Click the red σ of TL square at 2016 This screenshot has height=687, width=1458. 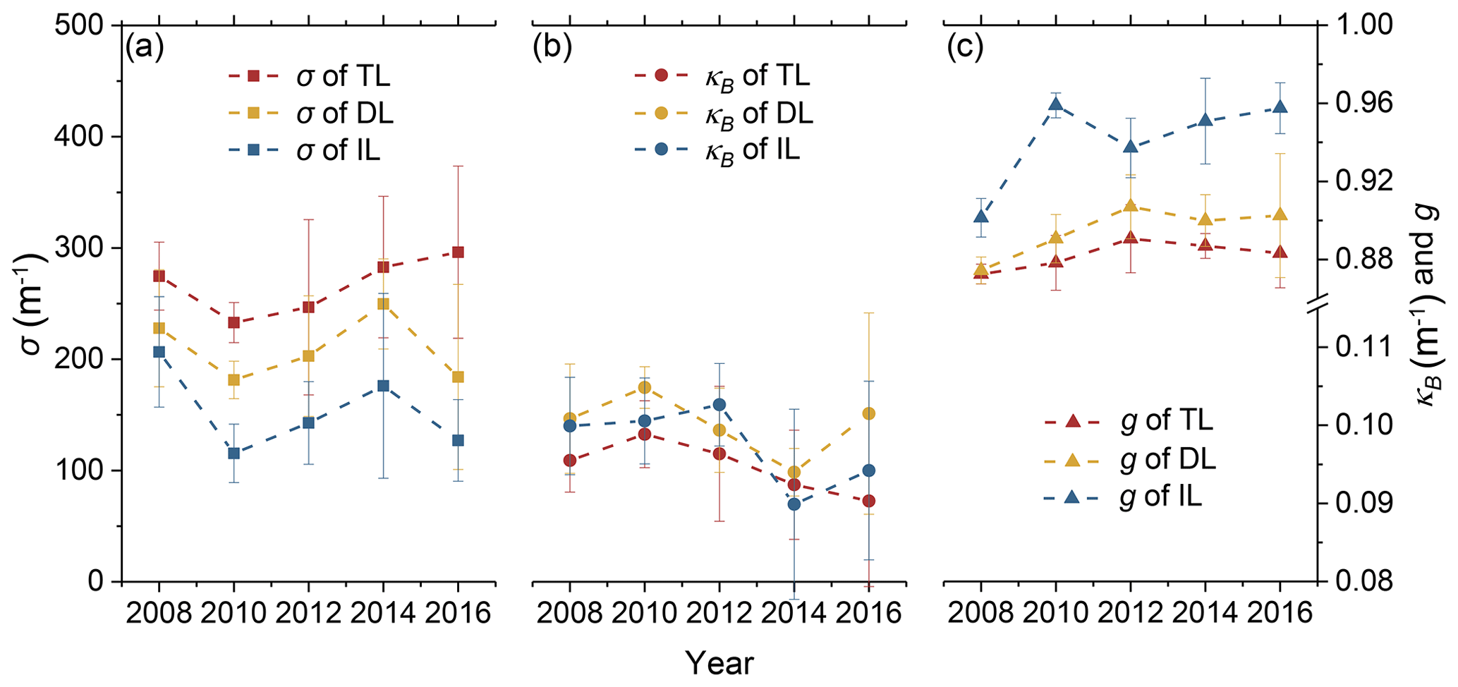point(458,252)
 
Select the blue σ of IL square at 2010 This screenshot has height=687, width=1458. point(233,454)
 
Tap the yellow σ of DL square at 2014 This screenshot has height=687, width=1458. point(383,304)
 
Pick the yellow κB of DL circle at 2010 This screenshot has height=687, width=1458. point(644,387)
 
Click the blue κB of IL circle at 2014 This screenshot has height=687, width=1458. point(794,504)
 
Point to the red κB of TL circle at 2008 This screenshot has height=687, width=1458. point(569,461)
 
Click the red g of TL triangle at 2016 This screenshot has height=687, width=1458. point(1280,253)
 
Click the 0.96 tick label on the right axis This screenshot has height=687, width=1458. point(1359,104)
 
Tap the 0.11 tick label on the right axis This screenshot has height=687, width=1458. point(1359,347)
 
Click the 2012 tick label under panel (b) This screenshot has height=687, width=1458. point(719,613)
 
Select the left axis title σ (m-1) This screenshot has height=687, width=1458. point(30,304)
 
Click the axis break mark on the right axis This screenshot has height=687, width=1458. point(1316,303)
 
